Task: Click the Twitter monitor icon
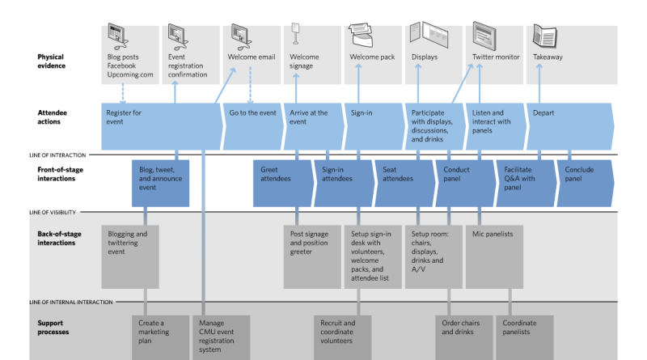[484, 36]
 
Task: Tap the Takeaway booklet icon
[544, 36]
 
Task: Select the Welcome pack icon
[361, 35]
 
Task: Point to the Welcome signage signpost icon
[295, 33]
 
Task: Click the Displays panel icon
[429, 34]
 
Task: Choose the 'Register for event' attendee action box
[162, 126]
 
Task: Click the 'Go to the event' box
[253, 126]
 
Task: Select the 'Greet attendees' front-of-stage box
[284, 184]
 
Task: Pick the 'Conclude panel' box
[586, 184]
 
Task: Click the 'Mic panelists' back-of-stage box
[494, 256]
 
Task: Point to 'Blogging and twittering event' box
[130, 256]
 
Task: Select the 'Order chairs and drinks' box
[464, 337]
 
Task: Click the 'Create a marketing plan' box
[160, 337]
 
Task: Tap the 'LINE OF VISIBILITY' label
[53, 212]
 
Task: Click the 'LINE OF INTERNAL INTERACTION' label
[71, 303]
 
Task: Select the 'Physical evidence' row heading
[52, 61]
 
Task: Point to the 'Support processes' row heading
[53, 328]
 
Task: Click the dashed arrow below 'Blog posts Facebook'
[123, 94]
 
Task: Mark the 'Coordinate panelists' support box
[525, 337]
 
